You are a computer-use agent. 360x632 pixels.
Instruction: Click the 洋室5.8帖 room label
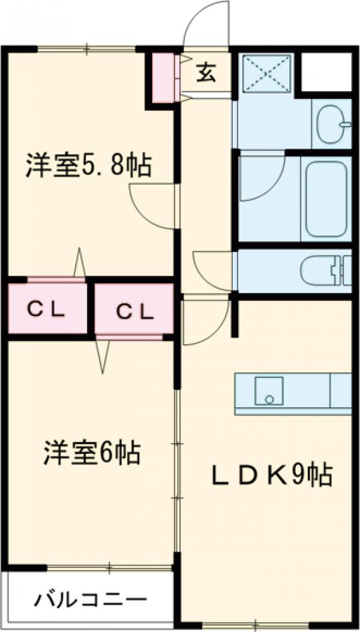(x=88, y=165)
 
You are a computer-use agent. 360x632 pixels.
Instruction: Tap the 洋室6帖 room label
(x=92, y=453)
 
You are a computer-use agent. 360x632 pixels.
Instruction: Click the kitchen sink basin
(x=269, y=391)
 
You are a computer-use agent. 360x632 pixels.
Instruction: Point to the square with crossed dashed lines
(x=266, y=74)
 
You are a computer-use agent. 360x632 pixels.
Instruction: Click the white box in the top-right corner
(x=326, y=71)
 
